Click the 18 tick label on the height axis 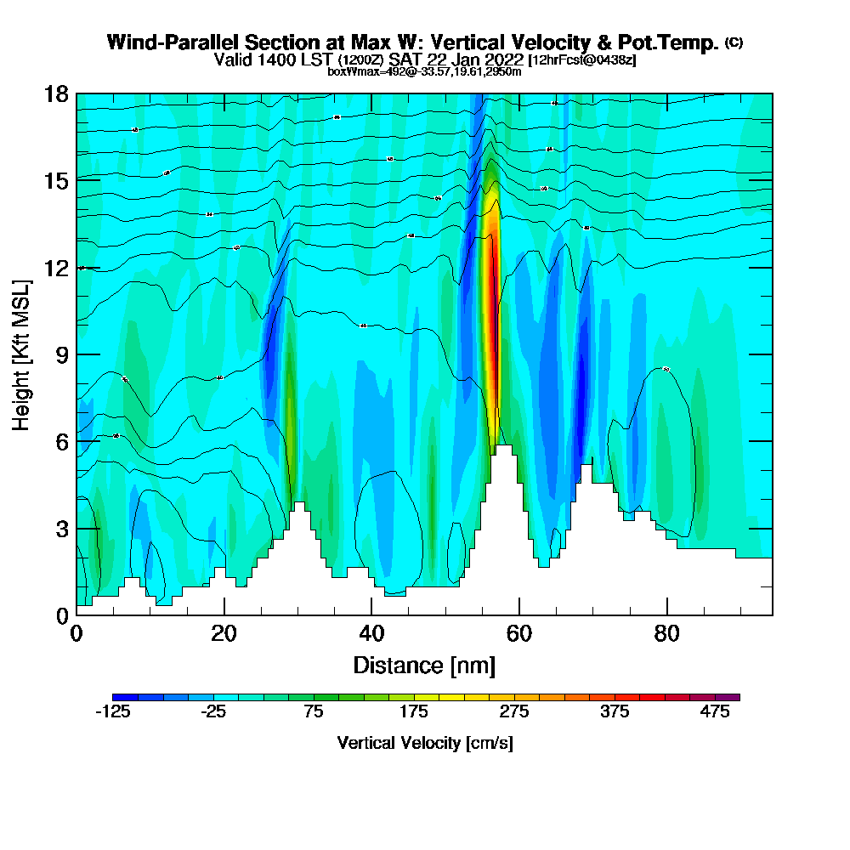point(56,93)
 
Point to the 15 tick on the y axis point(56,180)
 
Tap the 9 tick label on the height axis point(61,354)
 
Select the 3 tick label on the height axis point(61,528)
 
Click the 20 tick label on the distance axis point(224,633)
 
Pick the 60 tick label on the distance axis point(519,633)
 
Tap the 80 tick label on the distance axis point(667,633)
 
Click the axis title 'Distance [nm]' point(424,665)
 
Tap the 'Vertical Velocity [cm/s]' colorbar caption point(425,743)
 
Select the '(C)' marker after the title point(734,42)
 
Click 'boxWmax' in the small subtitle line point(347,71)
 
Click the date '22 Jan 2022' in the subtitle point(476,59)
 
